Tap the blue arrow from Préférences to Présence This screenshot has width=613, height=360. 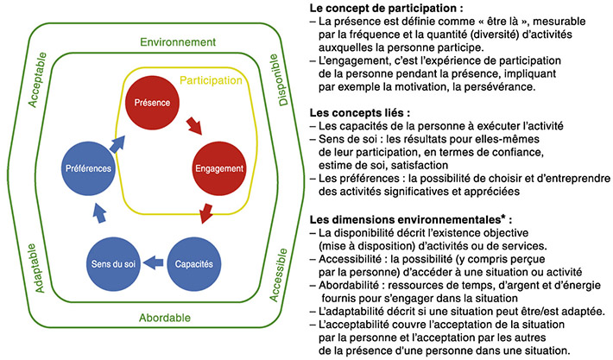click(116, 127)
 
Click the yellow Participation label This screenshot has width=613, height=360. click(212, 80)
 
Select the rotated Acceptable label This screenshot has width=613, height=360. click(39, 85)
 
